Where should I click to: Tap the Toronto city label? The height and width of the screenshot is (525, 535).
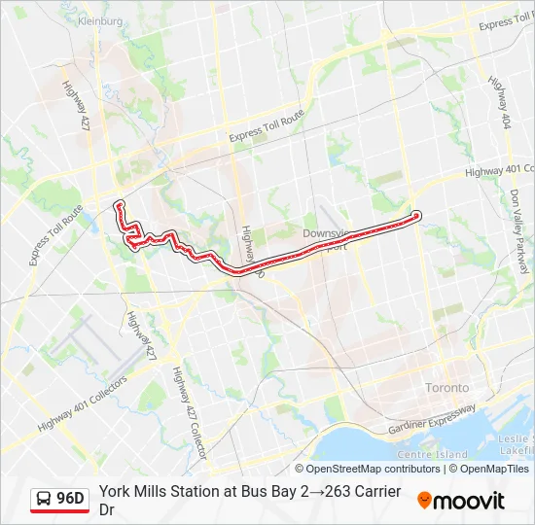[446, 388]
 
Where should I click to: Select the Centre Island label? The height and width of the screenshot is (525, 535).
[433, 454]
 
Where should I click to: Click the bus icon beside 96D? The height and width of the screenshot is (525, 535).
[45, 500]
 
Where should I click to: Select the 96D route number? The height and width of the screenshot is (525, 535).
[71, 500]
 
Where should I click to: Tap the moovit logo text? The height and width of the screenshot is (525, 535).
[470, 501]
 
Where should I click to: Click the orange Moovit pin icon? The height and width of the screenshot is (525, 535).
[424, 501]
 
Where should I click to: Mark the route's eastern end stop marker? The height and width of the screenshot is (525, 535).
[415, 215]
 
